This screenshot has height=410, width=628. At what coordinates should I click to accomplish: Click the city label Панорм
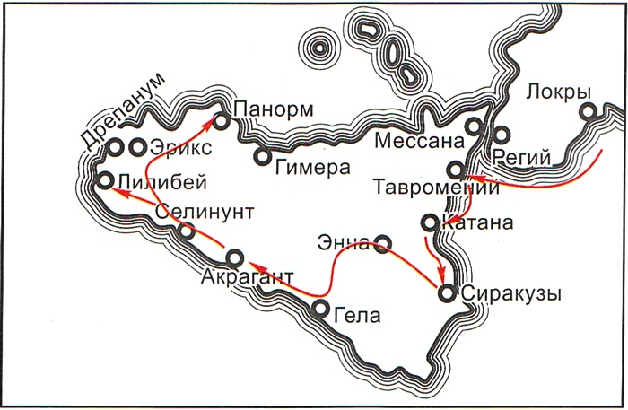pyautogui.click(x=274, y=109)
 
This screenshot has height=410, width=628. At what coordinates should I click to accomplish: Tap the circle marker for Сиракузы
pyautogui.click(x=446, y=292)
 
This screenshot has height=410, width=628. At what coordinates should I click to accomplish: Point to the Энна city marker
pyautogui.click(x=382, y=242)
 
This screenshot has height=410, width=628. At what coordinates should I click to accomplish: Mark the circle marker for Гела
pyautogui.click(x=321, y=309)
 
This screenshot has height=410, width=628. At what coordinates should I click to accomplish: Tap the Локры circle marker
pyautogui.click(x=589, y=112)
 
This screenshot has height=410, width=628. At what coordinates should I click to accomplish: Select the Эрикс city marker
pyautogui.click(x=137, y=145)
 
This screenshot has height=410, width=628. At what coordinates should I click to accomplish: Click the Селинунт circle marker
pyautogui.click(x=187, y=231)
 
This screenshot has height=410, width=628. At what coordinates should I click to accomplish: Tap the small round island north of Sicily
pyautogui.click(x=317, y=48)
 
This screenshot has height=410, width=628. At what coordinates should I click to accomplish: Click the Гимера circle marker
pyautogui.click(x=262, y=156)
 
